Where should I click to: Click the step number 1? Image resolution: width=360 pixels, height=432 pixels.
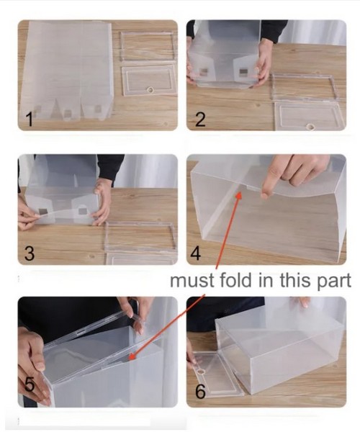tap(30, 120)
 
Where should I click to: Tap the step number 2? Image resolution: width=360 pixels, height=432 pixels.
tap(200, 120)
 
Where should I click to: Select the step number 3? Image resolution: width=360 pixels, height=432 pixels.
tap(30, 253)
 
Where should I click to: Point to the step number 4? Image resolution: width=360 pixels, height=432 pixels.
tap(196, 253)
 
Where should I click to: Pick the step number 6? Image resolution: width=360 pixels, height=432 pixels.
tap(200, 391)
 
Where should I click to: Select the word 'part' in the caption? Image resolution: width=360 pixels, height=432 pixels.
tap(334, 282)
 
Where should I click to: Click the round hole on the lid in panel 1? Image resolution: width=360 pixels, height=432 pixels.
tap(150, 90)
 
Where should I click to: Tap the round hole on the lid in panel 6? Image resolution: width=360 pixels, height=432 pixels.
tap(201, 372)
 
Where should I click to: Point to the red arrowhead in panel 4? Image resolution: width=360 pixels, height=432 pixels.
tap(238, 195)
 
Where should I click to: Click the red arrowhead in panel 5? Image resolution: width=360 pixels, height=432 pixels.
tap(132, 356)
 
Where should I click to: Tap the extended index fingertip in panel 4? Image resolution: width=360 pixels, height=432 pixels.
tap(264, 196)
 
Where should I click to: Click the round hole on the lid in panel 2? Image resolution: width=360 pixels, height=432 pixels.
tap(311, 127)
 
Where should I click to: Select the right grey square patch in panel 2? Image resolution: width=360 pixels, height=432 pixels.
tap(243, 71)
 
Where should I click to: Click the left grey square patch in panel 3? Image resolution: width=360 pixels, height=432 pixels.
tap(43, 212)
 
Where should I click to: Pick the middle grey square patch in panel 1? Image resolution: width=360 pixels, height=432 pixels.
tap(67, 113)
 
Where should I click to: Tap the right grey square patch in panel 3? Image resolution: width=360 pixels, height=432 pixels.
tap(82, 211)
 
